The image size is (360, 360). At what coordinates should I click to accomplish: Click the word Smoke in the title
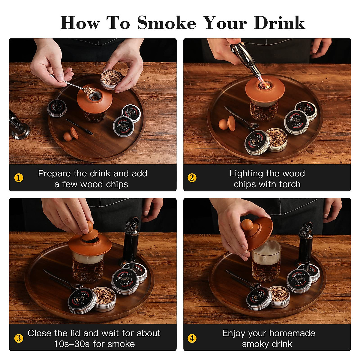pos(166,23)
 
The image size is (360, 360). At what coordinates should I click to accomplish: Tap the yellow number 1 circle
pos(19,178)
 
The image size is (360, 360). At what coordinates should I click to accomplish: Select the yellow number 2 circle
pos(192,178)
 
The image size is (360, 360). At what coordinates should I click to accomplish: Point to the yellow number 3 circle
pos(19,338)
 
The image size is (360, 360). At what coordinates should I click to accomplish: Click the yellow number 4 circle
pos(192,338)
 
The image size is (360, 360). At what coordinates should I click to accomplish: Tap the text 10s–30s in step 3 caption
pos(72,344)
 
